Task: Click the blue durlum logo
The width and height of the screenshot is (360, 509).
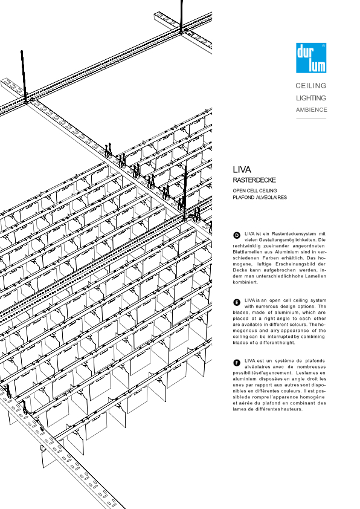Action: click(x=311, y=58)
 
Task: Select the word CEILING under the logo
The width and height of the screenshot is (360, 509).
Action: click(x=310, y=86)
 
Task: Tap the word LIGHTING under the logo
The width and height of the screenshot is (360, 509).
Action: click(x=310, y=98)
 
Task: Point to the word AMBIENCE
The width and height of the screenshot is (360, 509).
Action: click(x=311, y=110)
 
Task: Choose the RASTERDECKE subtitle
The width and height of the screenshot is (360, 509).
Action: click(x=254, y=180)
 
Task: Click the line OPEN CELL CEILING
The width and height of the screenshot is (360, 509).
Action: click(x=254, y=190)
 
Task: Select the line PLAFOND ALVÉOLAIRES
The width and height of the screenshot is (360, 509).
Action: click(x=260, y=197)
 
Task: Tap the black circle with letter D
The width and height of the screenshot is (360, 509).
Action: click(x=237, y=235)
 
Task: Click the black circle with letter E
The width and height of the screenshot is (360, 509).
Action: click(x=237, y=302)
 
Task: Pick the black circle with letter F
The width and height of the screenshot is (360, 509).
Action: click(x=237, y=363)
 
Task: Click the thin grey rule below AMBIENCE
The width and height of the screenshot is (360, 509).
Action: click(x=311, y=119)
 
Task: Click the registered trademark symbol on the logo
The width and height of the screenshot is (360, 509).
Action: click(x=323, y=46)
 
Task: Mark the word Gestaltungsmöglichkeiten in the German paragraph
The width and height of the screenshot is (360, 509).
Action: click(x=287, y=240)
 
